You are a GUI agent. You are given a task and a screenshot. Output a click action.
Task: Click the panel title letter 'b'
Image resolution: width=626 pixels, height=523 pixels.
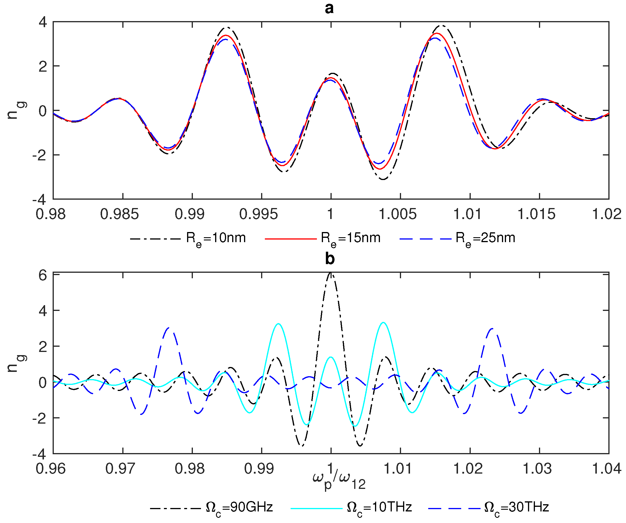pyautogui.click(x=330, y=259)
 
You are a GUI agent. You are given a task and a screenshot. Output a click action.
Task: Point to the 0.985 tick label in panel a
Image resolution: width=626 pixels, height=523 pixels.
pyautogui.click(x=119, y=214)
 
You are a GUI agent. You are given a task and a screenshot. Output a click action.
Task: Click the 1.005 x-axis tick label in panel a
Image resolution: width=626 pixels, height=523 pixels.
pyautogui.click(x=397, y=214)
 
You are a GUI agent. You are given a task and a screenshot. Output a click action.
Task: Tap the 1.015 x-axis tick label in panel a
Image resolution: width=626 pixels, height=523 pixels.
pyautogui.click(x=536, y=214)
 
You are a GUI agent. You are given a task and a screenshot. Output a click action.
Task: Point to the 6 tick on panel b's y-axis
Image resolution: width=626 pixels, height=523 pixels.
pyautogui.click(x=43, y=275)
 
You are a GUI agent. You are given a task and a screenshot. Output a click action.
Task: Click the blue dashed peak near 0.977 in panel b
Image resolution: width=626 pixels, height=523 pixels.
pyautogui.click(x=169, y=328)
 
